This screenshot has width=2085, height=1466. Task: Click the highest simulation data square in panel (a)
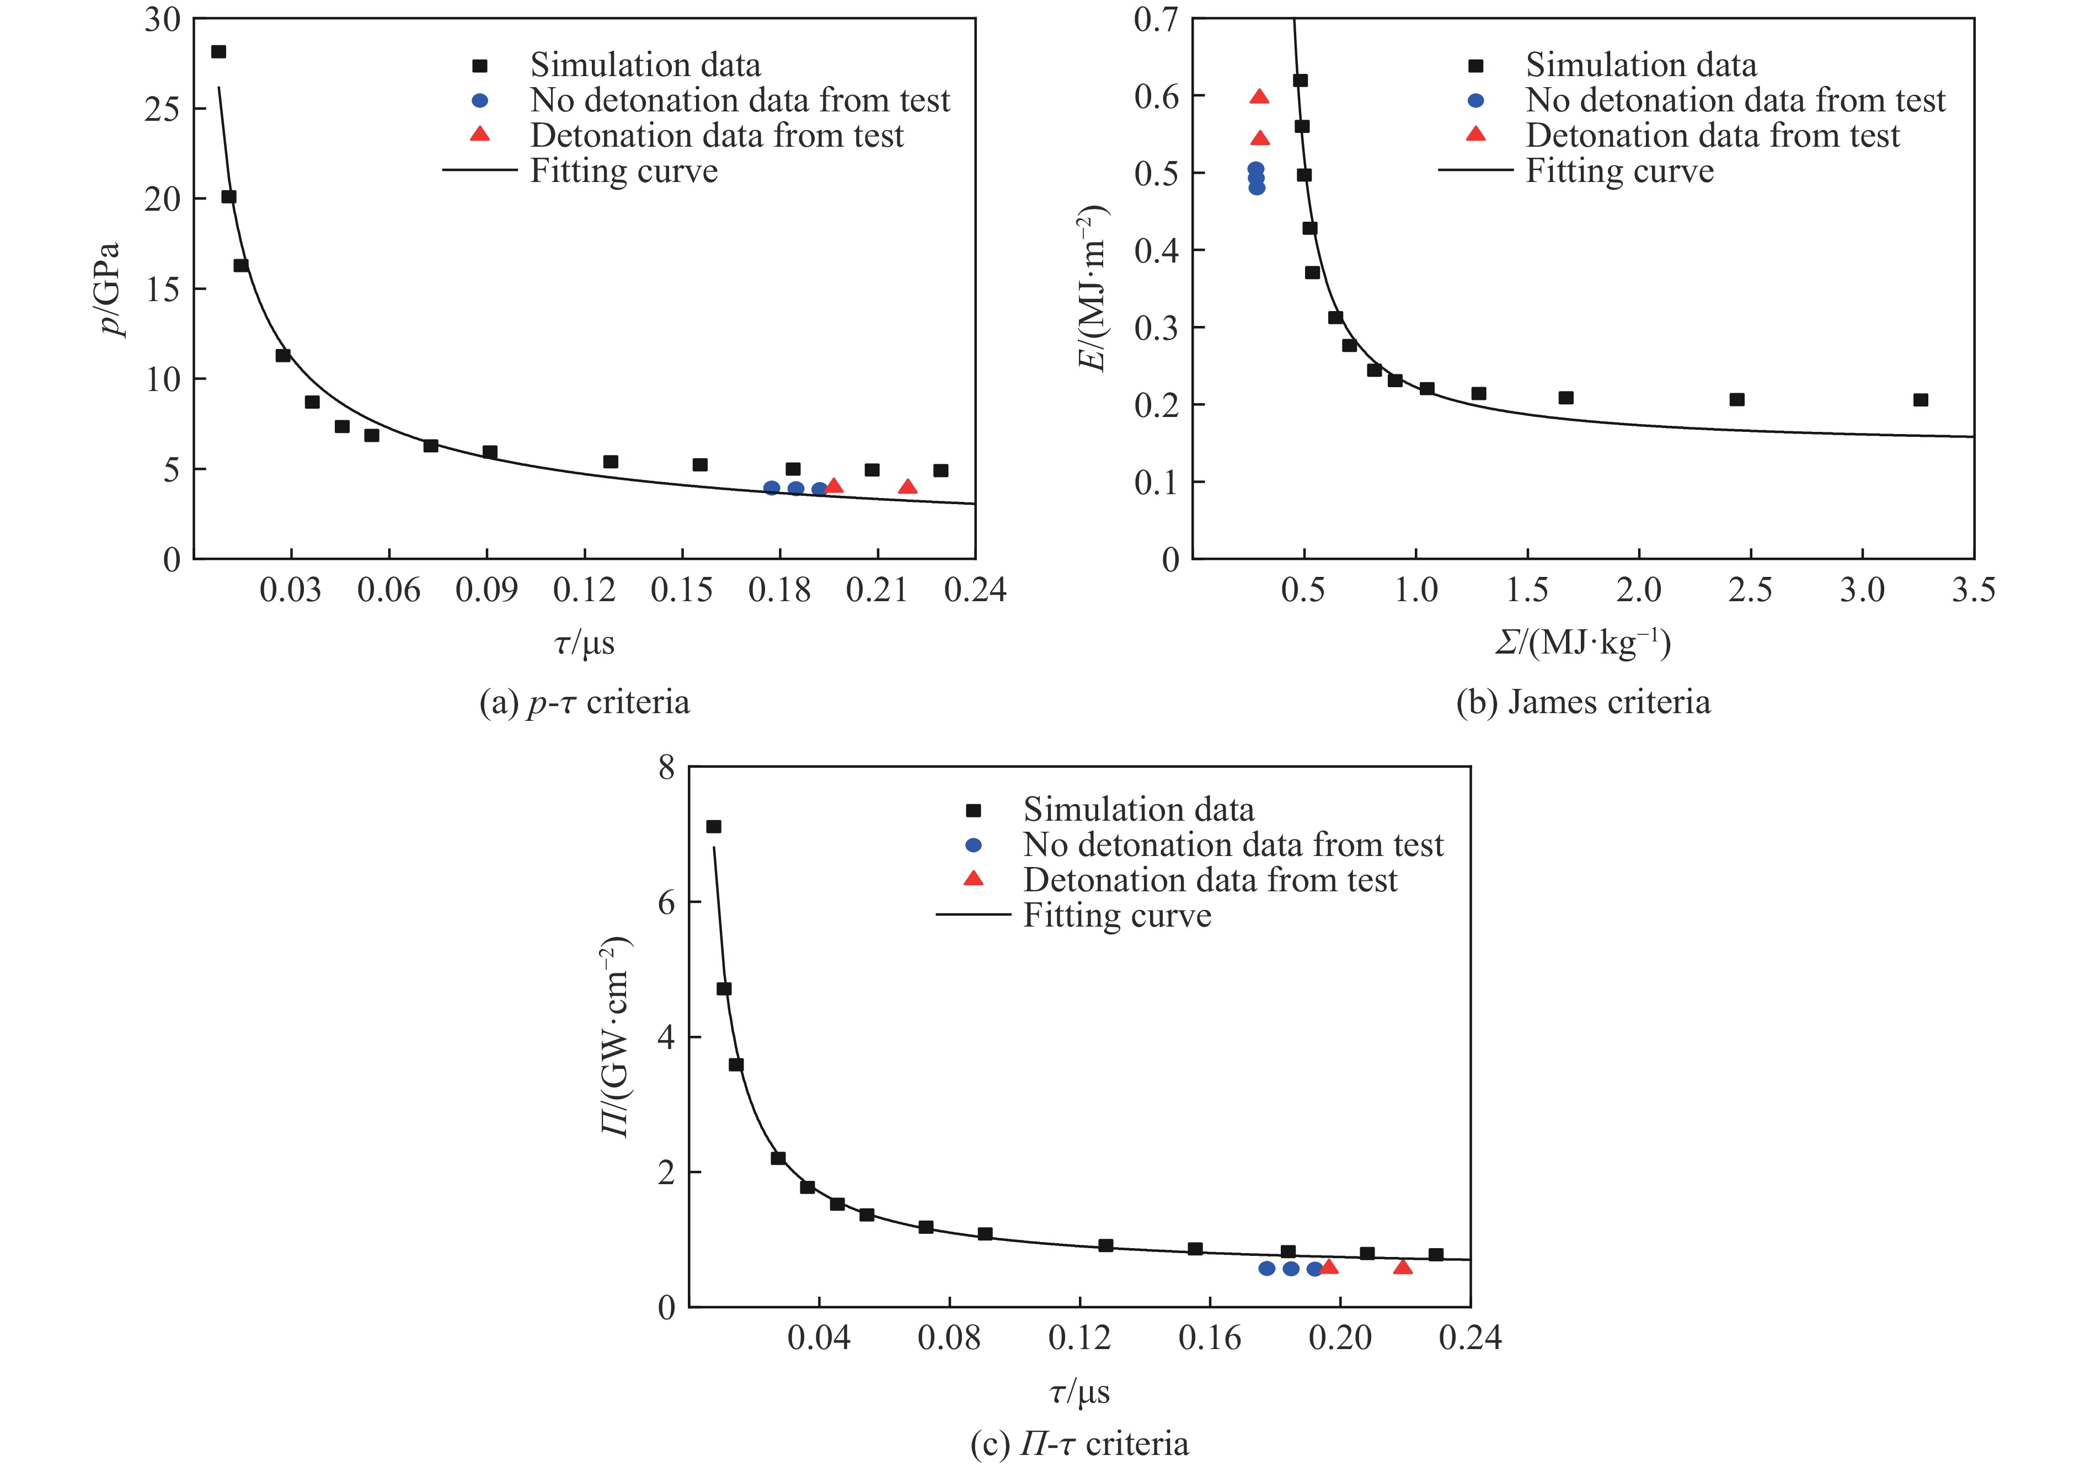(x=218, y=52)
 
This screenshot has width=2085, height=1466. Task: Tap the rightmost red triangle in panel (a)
(x=907, y=488)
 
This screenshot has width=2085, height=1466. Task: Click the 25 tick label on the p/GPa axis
(x=163, y=109)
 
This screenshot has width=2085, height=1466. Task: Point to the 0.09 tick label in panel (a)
(x=487, y=590)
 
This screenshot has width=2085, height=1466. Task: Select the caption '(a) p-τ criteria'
(x=584, y=702)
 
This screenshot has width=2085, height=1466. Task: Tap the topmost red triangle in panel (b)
(x=1259, y=97)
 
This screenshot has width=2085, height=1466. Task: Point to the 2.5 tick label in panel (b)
(x=1750, y=590)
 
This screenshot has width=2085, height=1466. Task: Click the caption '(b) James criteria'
(x=1583, y=702)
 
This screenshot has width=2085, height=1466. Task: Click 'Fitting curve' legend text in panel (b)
(x=1619, y=171)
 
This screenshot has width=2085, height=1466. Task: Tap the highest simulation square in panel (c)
(x=714, y=827)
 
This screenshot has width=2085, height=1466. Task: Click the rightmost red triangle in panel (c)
(x=1403, y=1267)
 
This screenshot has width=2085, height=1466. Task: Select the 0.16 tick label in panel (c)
(x=1210, y=1338)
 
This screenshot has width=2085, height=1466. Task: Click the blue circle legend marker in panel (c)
(x=974, y=845)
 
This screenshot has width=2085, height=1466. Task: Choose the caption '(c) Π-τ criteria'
(x=1079, y=1443)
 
